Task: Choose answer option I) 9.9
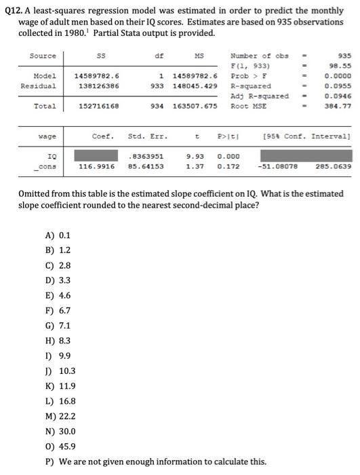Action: (57, 356)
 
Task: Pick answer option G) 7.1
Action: (57, 326)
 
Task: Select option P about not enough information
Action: (155, 461)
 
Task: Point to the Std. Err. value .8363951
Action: (145, 155)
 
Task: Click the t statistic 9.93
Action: (195, 155)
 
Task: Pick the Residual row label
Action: (39, 86)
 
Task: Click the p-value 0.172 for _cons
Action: (228, 165)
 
